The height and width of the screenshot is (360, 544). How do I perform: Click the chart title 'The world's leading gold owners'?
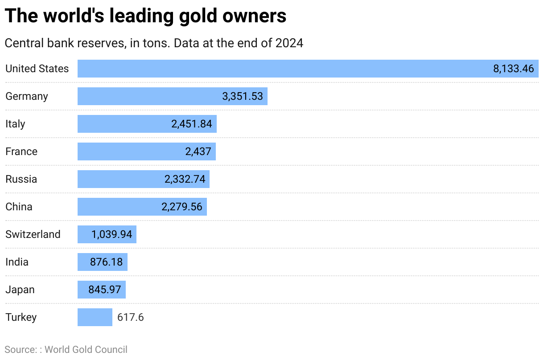pos(145,16)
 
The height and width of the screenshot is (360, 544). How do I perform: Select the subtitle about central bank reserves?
pos(154,43)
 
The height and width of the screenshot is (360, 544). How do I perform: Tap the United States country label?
pos(37,69)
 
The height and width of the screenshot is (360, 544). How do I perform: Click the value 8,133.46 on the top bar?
pos(513,69)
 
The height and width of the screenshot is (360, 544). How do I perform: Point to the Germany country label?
pos(26,96)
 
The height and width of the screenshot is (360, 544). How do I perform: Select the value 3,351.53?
pos(243,96)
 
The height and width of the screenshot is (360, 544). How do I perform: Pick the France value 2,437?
pos(198,151)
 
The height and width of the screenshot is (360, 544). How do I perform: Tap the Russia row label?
pos(21,179)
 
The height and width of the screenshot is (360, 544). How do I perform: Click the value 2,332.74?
pos(185,179)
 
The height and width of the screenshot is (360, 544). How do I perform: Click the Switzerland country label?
pos(33,234)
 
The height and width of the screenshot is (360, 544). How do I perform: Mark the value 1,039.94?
pos(112,234)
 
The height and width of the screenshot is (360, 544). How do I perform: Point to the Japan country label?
pos(20,290)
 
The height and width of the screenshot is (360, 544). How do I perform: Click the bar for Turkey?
pos(95,317)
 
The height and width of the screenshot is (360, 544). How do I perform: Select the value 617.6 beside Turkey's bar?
pos(130,317)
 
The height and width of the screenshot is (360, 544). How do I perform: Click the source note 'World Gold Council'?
pos(86,350)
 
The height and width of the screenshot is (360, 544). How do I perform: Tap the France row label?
pos(21,151)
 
